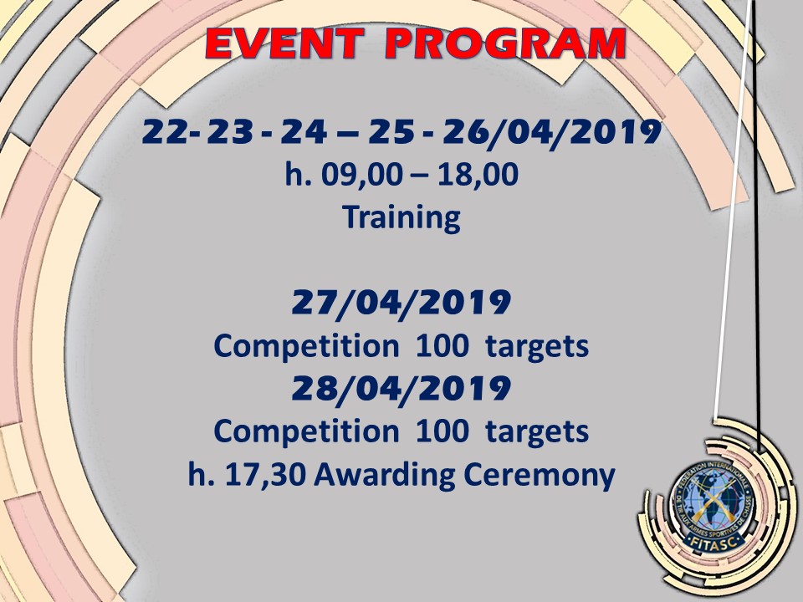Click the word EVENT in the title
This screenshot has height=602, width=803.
pyautogui.click(x=284, y=43)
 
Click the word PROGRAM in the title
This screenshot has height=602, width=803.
pyautogui.click(x=505, y=43)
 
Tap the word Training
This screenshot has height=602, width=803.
pyautogui.click(x=401, y=217)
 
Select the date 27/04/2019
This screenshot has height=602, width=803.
pyautogui.click(x=401, y=303)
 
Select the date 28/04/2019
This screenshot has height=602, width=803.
pyautogui.click(x=401, y=389)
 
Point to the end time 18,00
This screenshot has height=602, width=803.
pyautogui.click(x=478, y=175)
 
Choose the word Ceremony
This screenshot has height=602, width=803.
pyautogui.click(x=540, y=476)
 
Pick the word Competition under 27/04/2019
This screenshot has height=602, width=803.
pyautogui.click(x=306, y=347)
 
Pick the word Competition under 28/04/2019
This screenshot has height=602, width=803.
pyautogui.click(x=306, y=432)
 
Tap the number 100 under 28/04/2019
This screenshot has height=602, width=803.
pyautogui.click(x=442, y=431)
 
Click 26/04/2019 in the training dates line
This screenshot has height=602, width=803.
pyautogui.click(x=551, y=133)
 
